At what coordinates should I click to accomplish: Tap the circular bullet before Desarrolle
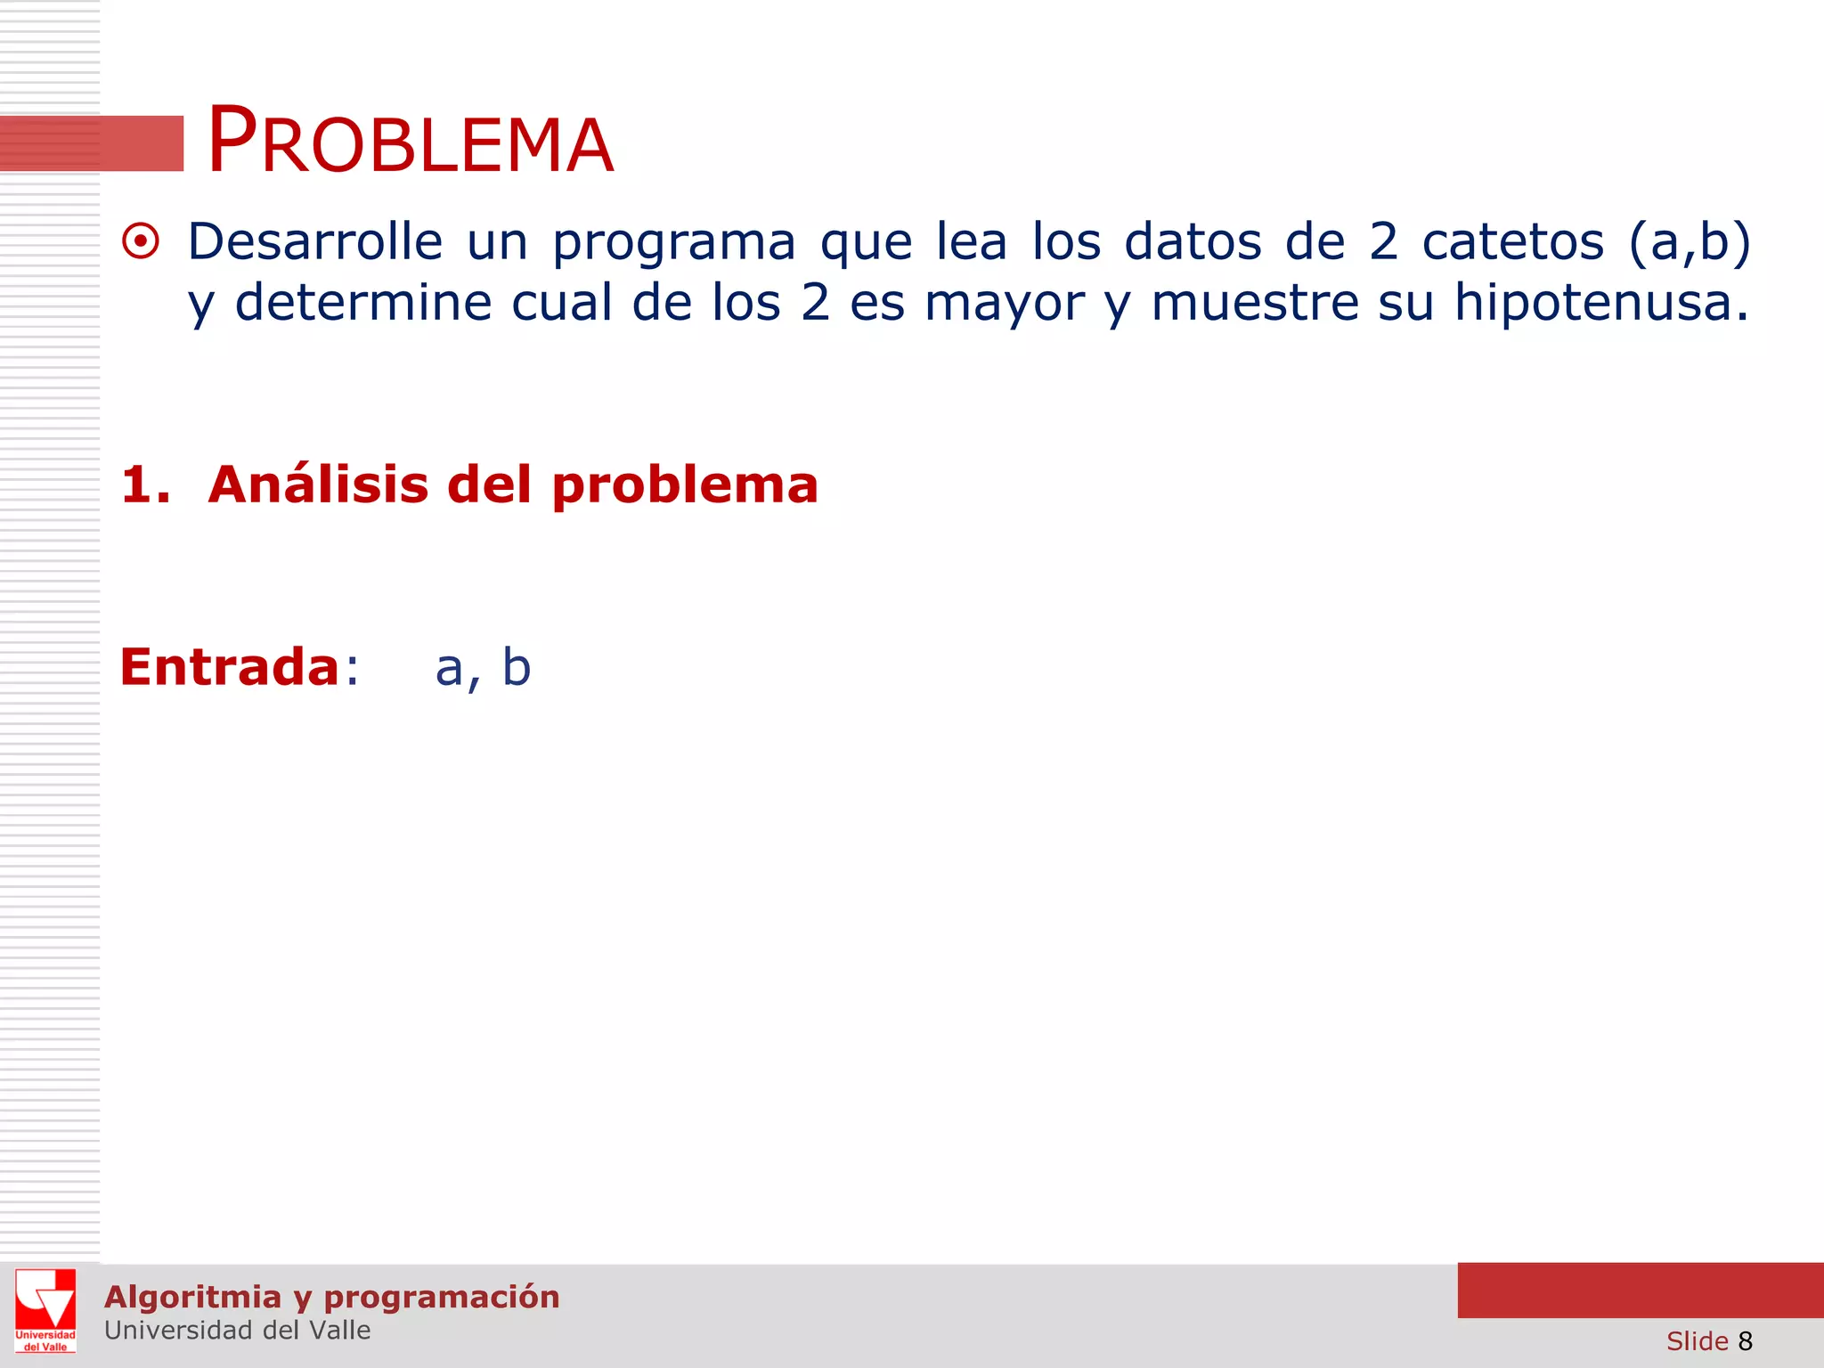coord(141,241)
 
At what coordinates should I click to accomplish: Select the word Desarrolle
coord(314,241)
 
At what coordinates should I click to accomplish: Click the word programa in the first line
coord(673,243)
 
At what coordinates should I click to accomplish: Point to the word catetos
coord(1512,241)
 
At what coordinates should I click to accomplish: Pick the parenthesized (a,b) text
coord(1689,242)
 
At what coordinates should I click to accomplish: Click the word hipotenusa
coord(1600,303)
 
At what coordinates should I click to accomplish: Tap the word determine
coord(362,303)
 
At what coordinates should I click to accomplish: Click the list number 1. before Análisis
coord(145,485)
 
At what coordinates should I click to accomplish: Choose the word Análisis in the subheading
coord(318,484)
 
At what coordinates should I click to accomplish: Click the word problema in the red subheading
coord(684,486)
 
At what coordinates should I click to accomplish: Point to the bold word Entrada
coord(229,667)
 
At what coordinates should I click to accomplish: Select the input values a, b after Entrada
coord(483,668)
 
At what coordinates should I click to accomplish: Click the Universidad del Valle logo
coord(45,1310)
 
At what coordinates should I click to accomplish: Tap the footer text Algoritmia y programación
coord(331,1297)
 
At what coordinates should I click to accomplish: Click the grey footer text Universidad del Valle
coord(237,1331)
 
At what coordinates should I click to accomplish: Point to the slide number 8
coord(1745,1341)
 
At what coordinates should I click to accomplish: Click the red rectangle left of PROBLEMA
coord(92,142)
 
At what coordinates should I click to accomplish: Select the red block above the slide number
coord(1640,1290)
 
